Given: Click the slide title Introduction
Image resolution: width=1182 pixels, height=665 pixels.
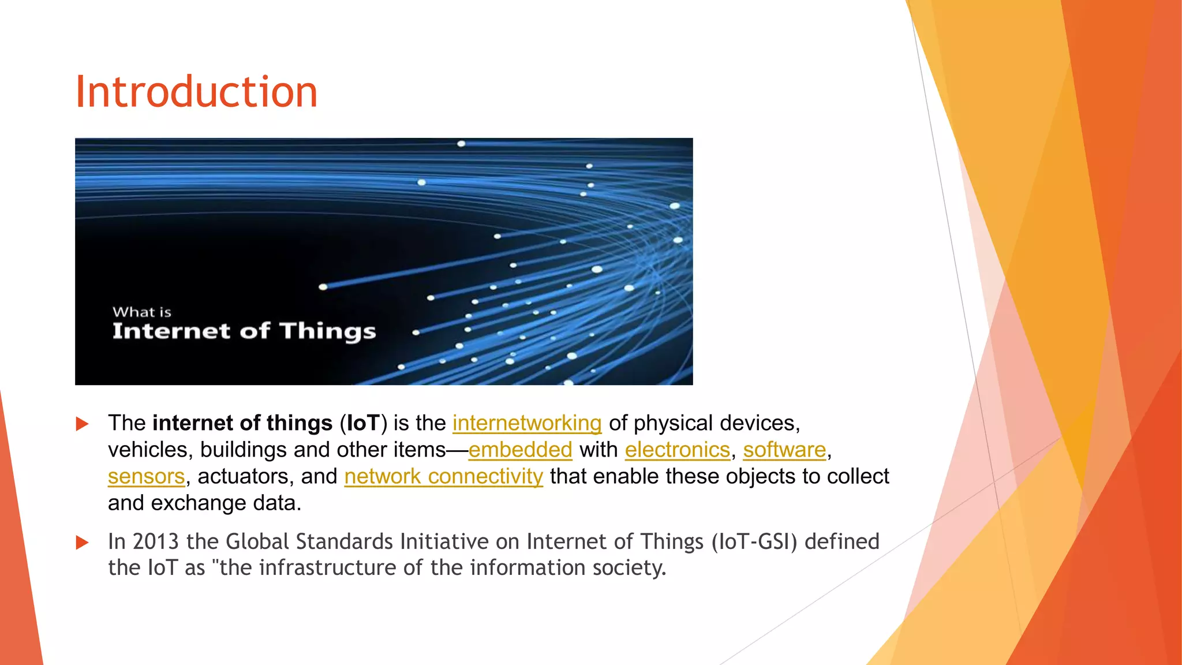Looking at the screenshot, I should coord(196,92).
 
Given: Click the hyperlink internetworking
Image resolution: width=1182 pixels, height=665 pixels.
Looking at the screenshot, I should coord(526,423).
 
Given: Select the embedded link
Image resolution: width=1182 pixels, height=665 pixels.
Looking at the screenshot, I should coord(520,450).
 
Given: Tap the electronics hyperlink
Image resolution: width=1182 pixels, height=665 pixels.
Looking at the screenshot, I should coord(677,450).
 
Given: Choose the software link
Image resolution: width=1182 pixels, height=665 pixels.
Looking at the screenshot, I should coord(784,450).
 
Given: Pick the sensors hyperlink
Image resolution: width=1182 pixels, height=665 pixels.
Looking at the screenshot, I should coord(146,477).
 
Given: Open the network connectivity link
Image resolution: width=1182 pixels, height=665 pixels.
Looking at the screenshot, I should coord(443,477).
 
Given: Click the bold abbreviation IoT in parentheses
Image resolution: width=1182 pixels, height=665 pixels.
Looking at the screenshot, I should coord(363,423).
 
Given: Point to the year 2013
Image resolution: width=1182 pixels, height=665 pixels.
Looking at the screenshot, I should coord(155,541).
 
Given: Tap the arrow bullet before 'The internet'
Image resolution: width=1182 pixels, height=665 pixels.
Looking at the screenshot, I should coord(83,424).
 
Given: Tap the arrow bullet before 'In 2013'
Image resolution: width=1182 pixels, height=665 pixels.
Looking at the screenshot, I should coord(83,543).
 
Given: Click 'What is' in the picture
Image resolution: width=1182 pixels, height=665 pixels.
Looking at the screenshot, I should coord(142,312).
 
